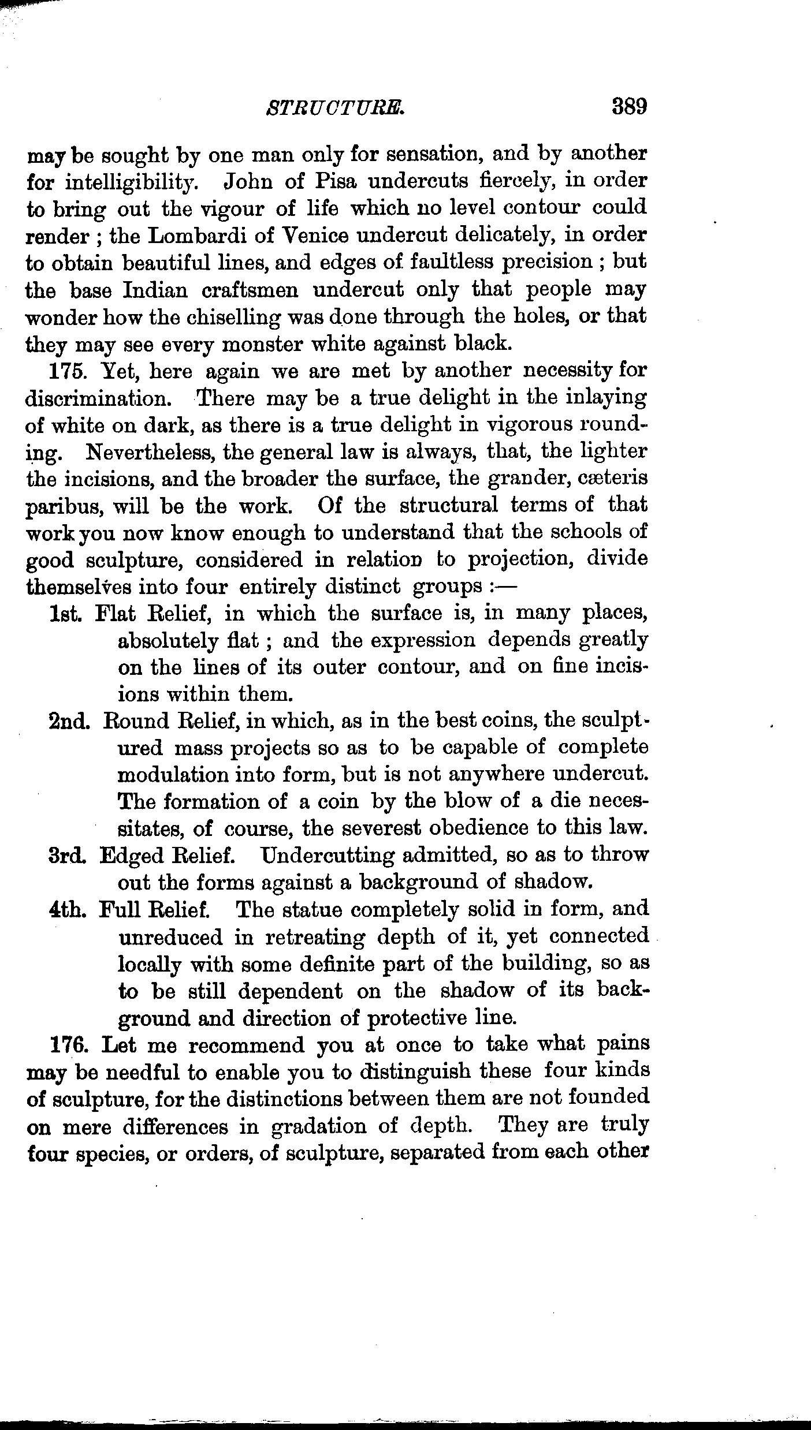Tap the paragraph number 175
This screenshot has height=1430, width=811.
(68, 371)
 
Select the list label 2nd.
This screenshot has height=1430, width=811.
(69, 722)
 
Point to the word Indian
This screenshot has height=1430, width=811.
(155, 290)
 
